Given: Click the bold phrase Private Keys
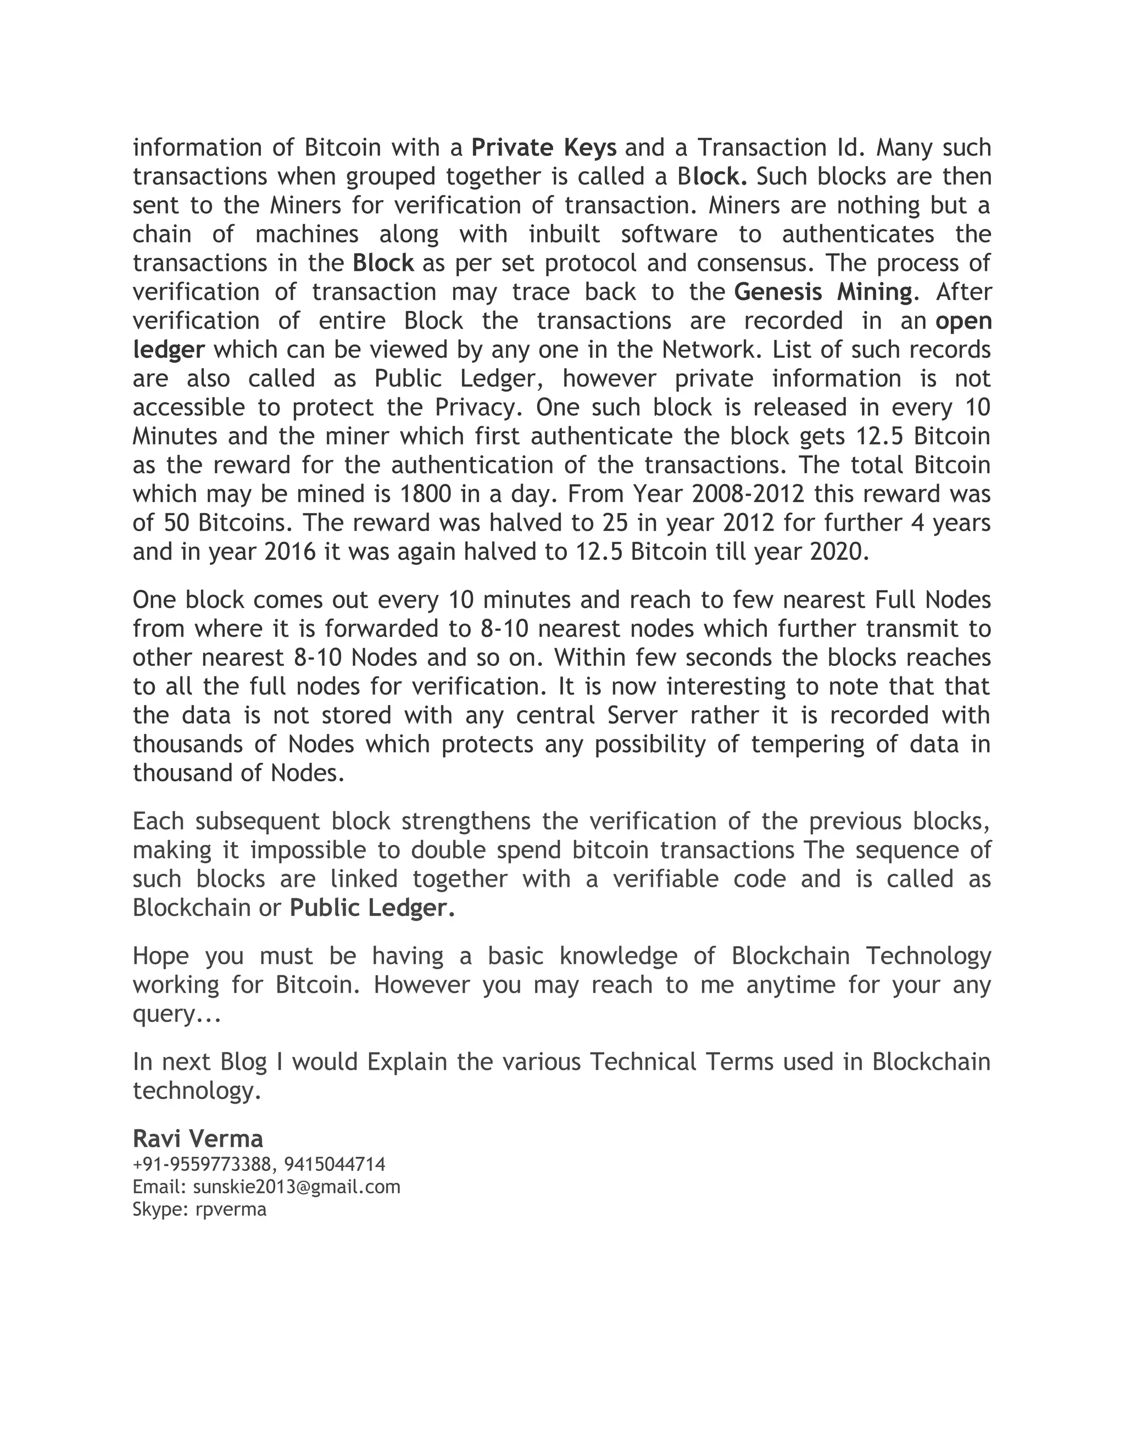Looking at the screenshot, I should click(x=544, y=147).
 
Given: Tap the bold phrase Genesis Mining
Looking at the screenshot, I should click(x=823, y=292).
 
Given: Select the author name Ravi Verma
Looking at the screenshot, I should click(x=198, y=1137).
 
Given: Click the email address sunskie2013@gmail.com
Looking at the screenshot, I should click(x=297, y=1187).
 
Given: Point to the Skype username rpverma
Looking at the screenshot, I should click(x=231, y=1209).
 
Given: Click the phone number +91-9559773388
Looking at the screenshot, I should click(x=202, y=1165).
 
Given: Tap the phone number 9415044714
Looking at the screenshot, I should click(x=335, y=1165).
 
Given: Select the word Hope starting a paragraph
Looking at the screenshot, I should click(x=160, y=956).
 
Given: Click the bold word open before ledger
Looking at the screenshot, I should click(x=963, y=321).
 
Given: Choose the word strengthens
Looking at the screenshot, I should click(x=466, y=821).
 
